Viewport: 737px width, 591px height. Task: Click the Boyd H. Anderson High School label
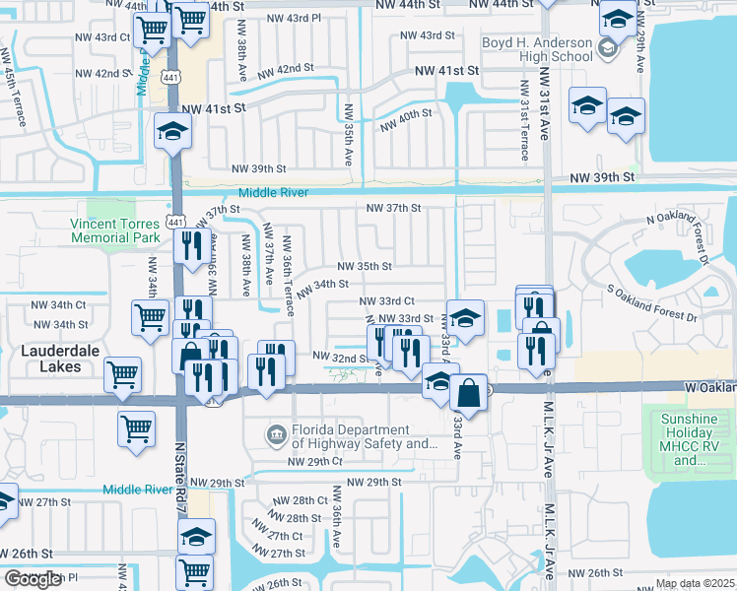[x=537, y=51]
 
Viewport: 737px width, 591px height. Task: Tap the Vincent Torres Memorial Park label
[x=115, y=230]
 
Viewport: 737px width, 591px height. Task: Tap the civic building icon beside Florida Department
[x=277, y=433]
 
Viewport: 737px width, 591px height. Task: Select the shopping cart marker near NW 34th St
[x=150, y=318]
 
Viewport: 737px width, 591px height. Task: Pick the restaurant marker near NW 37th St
[x=192, y=244]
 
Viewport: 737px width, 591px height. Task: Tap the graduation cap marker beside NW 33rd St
[x=466, y=317]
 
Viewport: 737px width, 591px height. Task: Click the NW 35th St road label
[x=365, y=266]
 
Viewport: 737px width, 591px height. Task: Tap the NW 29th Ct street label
[x=314, y=461]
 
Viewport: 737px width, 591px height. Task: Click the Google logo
[x=33, y=579]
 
